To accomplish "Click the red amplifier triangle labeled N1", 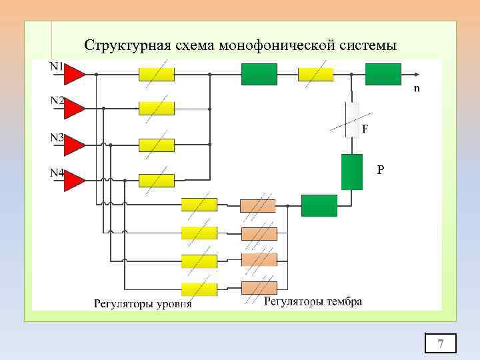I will [74, 74].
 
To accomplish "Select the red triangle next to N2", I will [74, 109].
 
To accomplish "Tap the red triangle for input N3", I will [74, 145].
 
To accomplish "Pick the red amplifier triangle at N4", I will [74, 181].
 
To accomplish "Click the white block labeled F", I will [352, 119].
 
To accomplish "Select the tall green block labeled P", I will [351, 172].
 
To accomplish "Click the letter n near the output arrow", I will [417, 88].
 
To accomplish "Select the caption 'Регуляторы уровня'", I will [142, 304].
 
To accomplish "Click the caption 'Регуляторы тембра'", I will [313, 301].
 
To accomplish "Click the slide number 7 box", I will [441, 343].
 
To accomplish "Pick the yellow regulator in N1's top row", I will [157, 74].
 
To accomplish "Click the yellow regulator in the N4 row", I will [157, 180].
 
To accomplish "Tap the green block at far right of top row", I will [383, 74].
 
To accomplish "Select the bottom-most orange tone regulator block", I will [258, 288].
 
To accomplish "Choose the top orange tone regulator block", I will [258, 205].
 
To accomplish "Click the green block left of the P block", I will [319, 205].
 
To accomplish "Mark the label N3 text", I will [57, 138].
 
